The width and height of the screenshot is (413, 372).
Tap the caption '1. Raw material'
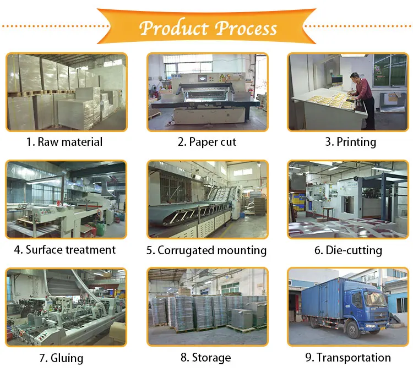[64, 142]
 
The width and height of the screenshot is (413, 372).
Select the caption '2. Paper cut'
[206, 142]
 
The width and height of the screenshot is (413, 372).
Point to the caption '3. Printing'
[350, 142]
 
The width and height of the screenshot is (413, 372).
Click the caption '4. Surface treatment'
[64, 250]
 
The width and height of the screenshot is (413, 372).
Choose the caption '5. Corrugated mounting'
[206, 250]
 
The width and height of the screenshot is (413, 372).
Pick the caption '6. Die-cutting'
[348, 250]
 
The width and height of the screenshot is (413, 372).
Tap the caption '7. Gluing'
[61, 358]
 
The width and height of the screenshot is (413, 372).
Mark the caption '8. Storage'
[206, 358]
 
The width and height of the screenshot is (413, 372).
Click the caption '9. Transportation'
[348, 358]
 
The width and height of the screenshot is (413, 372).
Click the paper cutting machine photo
[208, 92]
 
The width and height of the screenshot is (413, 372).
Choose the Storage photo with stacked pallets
[208, 307]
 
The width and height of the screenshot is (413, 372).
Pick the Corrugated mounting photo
[208, 199]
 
